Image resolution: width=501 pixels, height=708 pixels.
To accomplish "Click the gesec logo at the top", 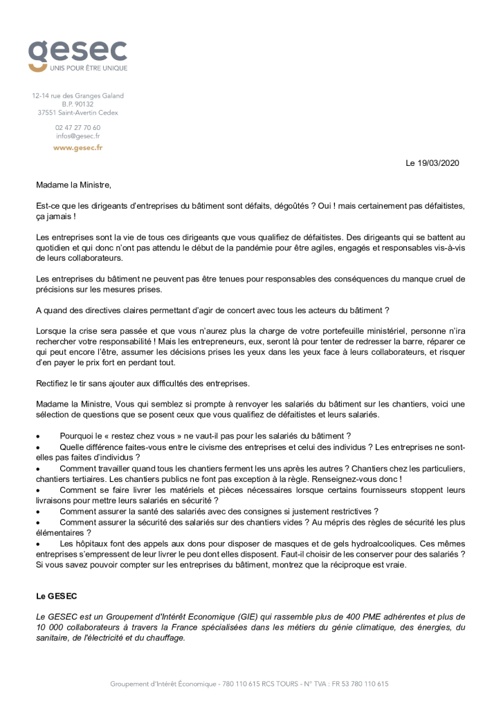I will tap(78, 51).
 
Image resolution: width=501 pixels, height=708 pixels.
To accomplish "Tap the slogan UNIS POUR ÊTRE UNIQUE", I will tap(88, 68).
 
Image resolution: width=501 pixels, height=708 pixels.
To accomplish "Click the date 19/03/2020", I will tap(437, 163).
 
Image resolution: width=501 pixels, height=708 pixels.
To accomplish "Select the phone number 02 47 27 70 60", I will tap(78, 127).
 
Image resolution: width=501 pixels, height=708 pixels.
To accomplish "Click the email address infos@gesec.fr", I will tap(78, 136).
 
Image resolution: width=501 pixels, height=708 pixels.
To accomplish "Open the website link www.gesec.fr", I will tap(78, 147).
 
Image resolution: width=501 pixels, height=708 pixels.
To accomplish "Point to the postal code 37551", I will tap(48, 113).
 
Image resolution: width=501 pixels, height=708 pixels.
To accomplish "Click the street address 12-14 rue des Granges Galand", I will tap(78, 95).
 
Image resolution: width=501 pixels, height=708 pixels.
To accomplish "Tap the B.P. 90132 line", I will tap(78, 104).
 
